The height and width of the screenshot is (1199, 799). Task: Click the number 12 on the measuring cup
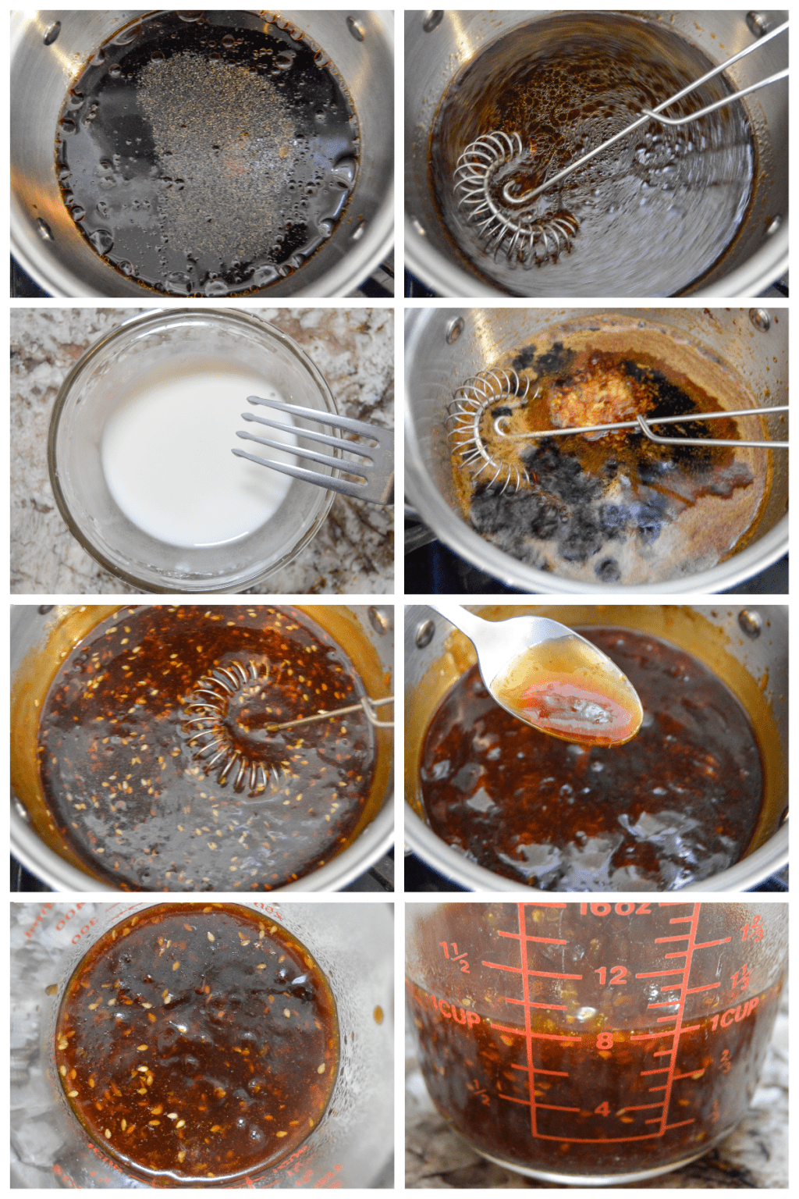click(x=611, y=976)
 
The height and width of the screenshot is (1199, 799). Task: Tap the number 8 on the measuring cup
click(x=605, y=1041)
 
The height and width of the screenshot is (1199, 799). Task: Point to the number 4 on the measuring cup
click(x=602, y=1109)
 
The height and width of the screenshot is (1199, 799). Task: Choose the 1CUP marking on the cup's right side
click(x=733, y=1017)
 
